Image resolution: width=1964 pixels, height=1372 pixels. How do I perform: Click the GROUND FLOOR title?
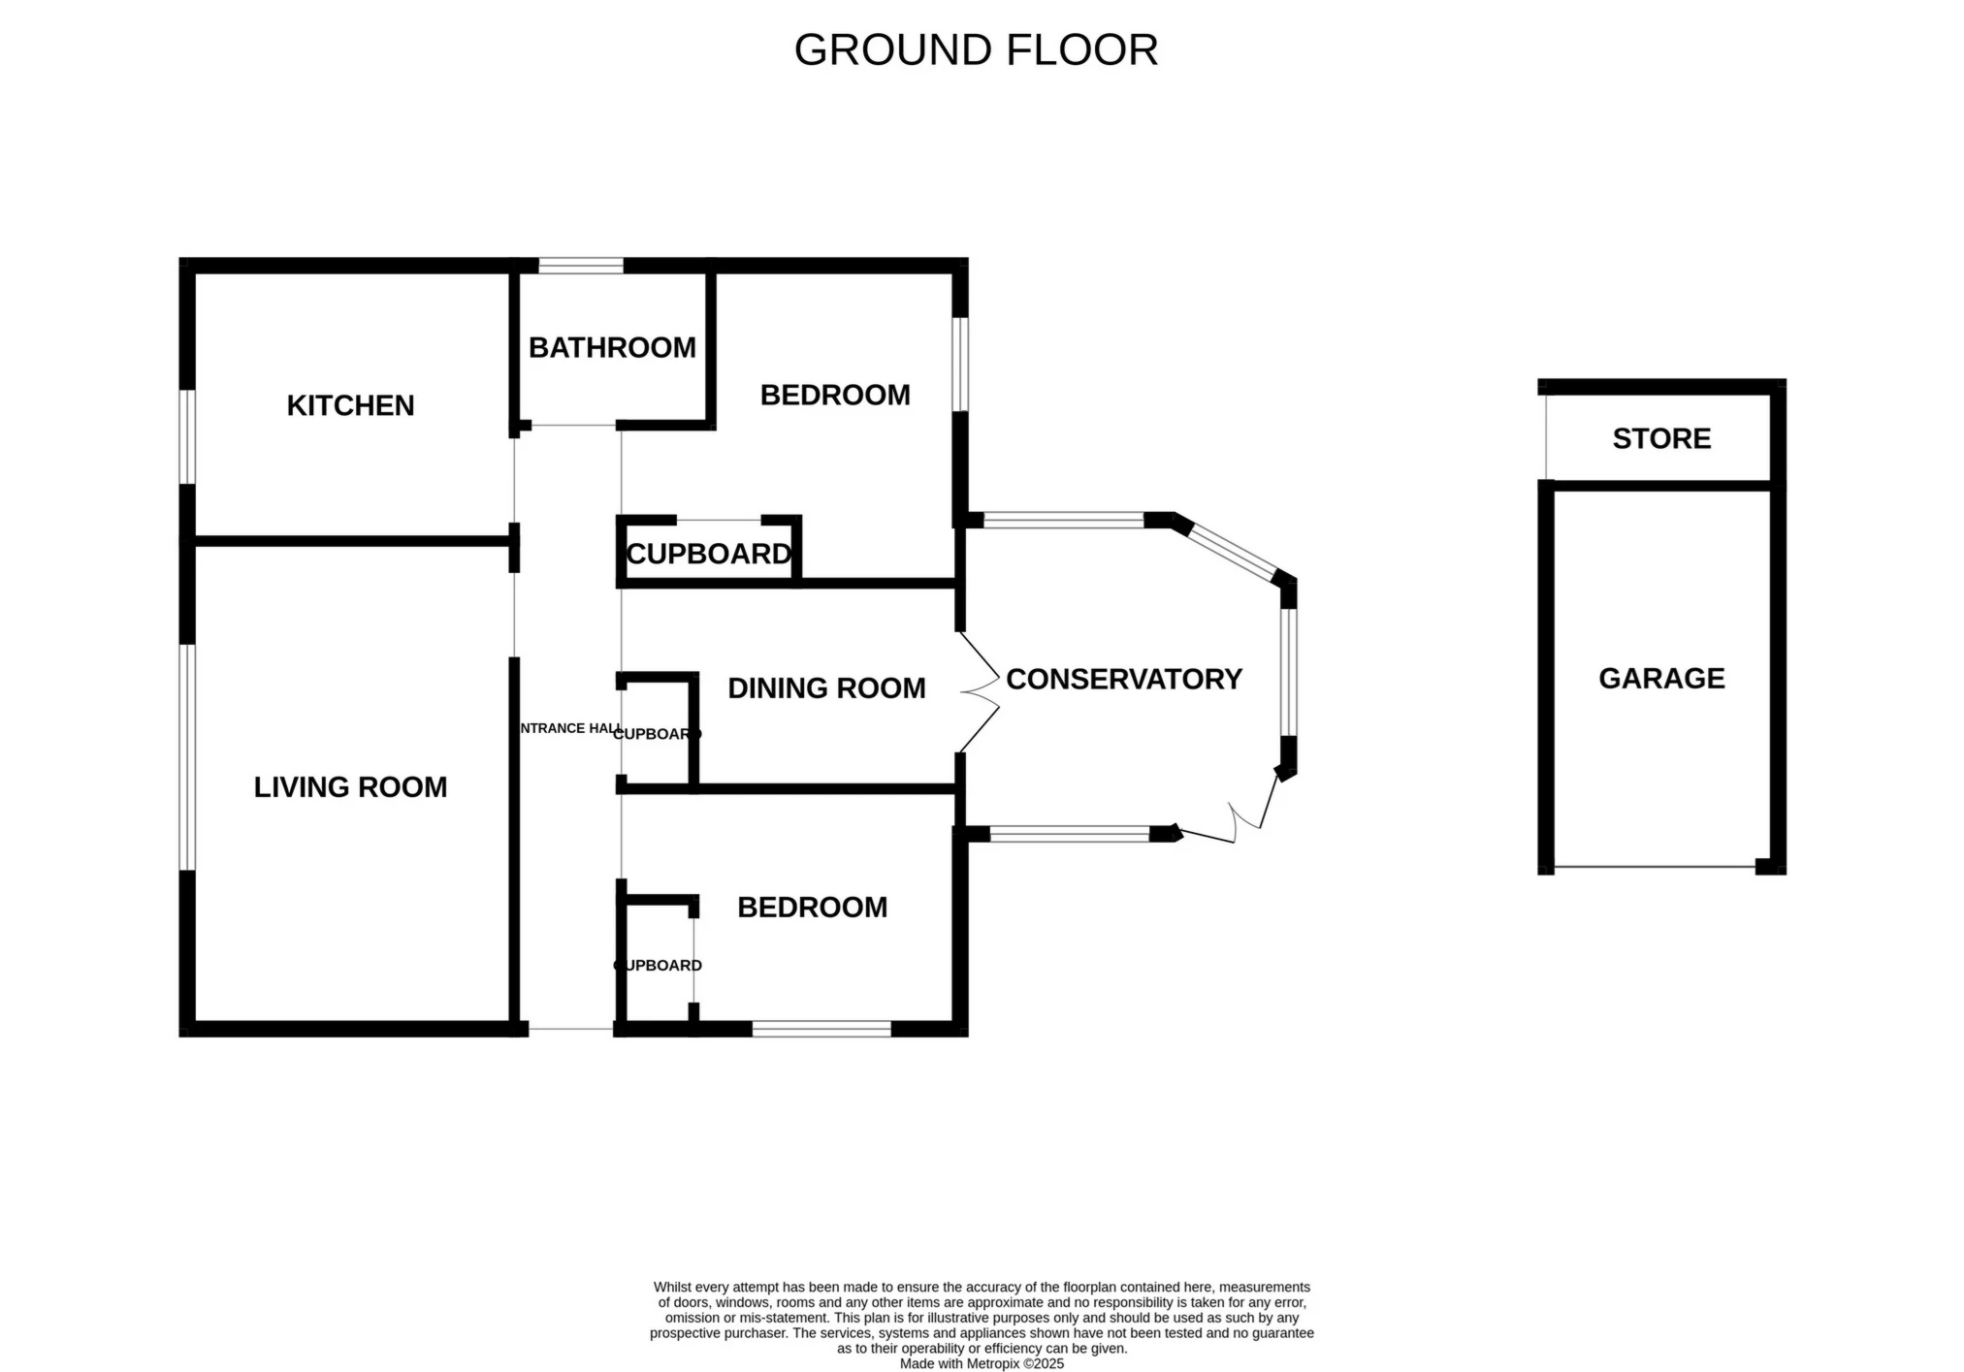[976, 50]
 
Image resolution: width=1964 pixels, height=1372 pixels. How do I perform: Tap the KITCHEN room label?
[350, 405]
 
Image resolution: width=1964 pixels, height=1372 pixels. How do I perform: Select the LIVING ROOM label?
[350, 786]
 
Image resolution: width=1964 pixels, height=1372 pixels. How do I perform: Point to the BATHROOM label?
[612, 347]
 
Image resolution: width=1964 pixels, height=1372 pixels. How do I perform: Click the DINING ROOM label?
[826, 687]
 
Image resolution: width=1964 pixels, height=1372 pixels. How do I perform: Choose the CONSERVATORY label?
[1123, 679]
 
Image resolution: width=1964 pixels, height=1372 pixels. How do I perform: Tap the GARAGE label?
[1661, 678]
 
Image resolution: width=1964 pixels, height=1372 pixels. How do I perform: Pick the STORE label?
[1661, 438]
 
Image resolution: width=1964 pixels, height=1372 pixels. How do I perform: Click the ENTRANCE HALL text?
[570, 728]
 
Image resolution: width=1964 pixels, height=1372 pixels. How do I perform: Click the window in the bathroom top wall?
[581, 266]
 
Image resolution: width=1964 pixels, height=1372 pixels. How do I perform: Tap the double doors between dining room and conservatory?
[980, 692]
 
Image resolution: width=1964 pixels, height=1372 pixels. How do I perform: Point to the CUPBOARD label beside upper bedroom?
[709, 554]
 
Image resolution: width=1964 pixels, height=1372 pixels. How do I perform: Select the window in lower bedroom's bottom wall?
[821, 1029]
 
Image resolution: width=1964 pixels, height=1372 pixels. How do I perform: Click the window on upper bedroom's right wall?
[960, 365]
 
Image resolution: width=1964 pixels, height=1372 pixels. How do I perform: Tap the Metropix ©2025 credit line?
[982, 1363]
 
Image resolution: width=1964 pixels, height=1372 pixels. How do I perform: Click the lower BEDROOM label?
[812, 907]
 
